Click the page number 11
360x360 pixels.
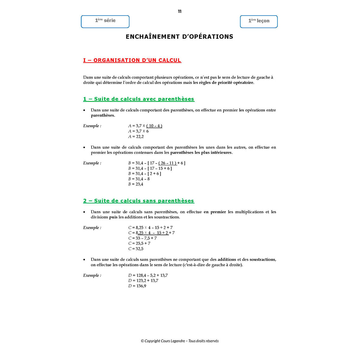pos(179,11)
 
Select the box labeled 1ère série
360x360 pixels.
pos(105,21)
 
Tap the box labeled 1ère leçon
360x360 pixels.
pos(259,22)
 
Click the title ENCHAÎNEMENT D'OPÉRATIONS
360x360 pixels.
pos(179,37)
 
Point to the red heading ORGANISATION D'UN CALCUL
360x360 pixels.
pos(132,60)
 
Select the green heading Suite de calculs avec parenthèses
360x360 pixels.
pos(139,99)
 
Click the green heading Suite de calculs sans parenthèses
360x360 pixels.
pos(139,201)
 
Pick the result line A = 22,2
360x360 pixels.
pos(136,136)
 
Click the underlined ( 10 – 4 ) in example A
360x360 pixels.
pos(154,126)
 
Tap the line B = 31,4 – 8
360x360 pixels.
pos(139,179)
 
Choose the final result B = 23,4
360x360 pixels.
pos(136,184)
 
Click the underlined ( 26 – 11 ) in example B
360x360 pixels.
pos(167,163)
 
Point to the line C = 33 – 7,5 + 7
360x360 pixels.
pos(142,238)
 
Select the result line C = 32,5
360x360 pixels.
pos(136,249)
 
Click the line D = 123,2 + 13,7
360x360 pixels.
pos(143,280)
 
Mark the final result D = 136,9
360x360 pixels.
pos(137,286)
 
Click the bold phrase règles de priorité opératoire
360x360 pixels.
pos(226,83)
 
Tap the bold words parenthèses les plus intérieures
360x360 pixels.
pos(201,153)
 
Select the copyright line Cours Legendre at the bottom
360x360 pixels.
pos(180,341)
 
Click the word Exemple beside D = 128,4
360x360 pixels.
pos(92,275)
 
